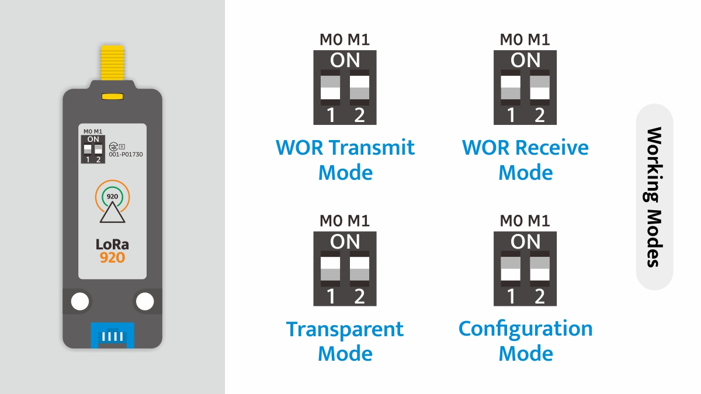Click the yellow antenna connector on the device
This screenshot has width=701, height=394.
112,63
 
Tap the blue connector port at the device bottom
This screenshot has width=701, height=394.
112,336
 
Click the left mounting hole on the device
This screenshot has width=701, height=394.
80,301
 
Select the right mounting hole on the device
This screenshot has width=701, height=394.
144,301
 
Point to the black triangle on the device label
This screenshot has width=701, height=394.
112,213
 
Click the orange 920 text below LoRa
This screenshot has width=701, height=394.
112,257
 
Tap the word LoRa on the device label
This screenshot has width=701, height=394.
112,244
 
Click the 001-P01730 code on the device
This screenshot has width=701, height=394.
126,155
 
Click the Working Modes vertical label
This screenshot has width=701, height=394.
654,197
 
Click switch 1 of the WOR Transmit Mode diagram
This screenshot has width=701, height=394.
331,88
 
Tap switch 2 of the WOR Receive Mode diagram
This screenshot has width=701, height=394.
540,88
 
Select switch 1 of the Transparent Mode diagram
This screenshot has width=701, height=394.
331,269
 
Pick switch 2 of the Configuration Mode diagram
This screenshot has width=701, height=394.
540,269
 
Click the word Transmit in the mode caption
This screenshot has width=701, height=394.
371,148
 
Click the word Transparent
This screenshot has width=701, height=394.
345,329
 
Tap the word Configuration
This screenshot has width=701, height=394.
525,329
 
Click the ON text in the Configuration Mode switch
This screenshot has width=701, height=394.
525,241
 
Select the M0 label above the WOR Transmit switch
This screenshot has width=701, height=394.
331,40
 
